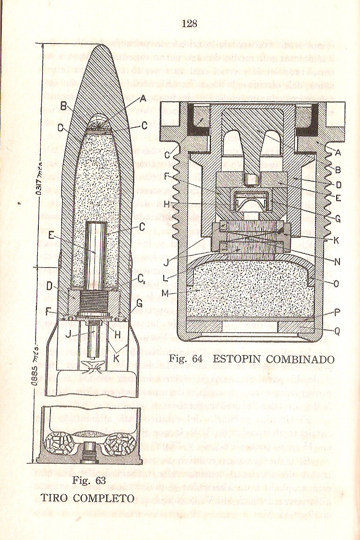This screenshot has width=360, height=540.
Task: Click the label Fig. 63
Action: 90,481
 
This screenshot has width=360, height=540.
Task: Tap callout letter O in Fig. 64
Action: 337,284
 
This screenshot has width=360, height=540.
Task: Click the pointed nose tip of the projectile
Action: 103,45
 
